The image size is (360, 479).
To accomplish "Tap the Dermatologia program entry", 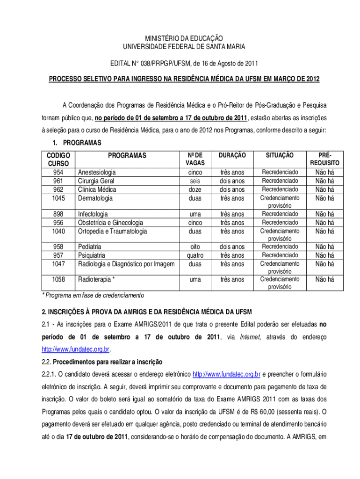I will (x=95, y=198).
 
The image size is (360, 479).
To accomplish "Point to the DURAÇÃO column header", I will (x=232, y=155).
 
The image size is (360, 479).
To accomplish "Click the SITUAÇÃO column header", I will (x=280, y=155).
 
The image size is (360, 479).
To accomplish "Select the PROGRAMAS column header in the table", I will (x=127, y=155).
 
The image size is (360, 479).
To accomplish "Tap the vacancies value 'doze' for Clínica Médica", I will (x=195, y=189).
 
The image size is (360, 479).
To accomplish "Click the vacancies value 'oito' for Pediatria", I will (x=195, y=247).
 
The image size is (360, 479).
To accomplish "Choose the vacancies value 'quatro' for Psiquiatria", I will (x=195, y=255).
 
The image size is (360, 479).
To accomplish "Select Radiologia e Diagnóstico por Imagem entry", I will (x=126, y=264).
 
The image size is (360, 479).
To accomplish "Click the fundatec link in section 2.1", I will (x=75, y=349).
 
